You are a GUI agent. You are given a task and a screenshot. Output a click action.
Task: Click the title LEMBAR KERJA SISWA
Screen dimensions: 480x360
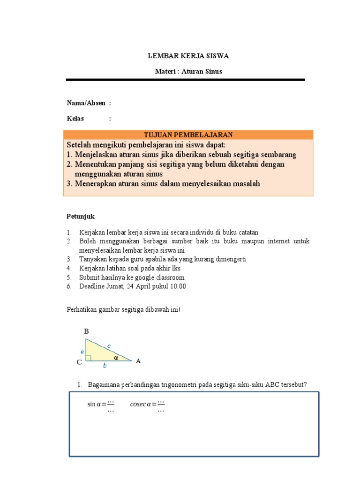pos(188,56)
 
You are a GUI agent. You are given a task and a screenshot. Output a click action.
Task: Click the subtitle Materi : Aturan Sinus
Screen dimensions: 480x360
pos(188,72)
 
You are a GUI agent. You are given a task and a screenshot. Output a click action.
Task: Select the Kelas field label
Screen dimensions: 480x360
pos(75,119)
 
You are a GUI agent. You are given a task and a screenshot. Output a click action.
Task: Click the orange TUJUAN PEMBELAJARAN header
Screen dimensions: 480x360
pos(188,135)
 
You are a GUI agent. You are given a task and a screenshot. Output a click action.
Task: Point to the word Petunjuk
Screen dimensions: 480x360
pos(80,217)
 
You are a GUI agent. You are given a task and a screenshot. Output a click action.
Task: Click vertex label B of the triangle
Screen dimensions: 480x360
pos(86,331)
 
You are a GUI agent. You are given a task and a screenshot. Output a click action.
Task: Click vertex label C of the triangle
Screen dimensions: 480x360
pos(79,362)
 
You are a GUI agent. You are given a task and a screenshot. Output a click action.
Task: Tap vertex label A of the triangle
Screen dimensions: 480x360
pos(138,361)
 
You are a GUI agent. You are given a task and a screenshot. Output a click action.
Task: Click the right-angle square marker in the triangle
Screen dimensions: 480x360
pos(88,358)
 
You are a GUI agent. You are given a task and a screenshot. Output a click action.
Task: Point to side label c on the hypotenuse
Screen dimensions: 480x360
pos(109,346)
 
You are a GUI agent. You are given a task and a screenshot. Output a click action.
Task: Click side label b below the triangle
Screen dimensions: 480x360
pos(105,365)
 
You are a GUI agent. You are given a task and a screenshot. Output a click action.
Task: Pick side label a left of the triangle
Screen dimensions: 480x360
pos(82,351)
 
